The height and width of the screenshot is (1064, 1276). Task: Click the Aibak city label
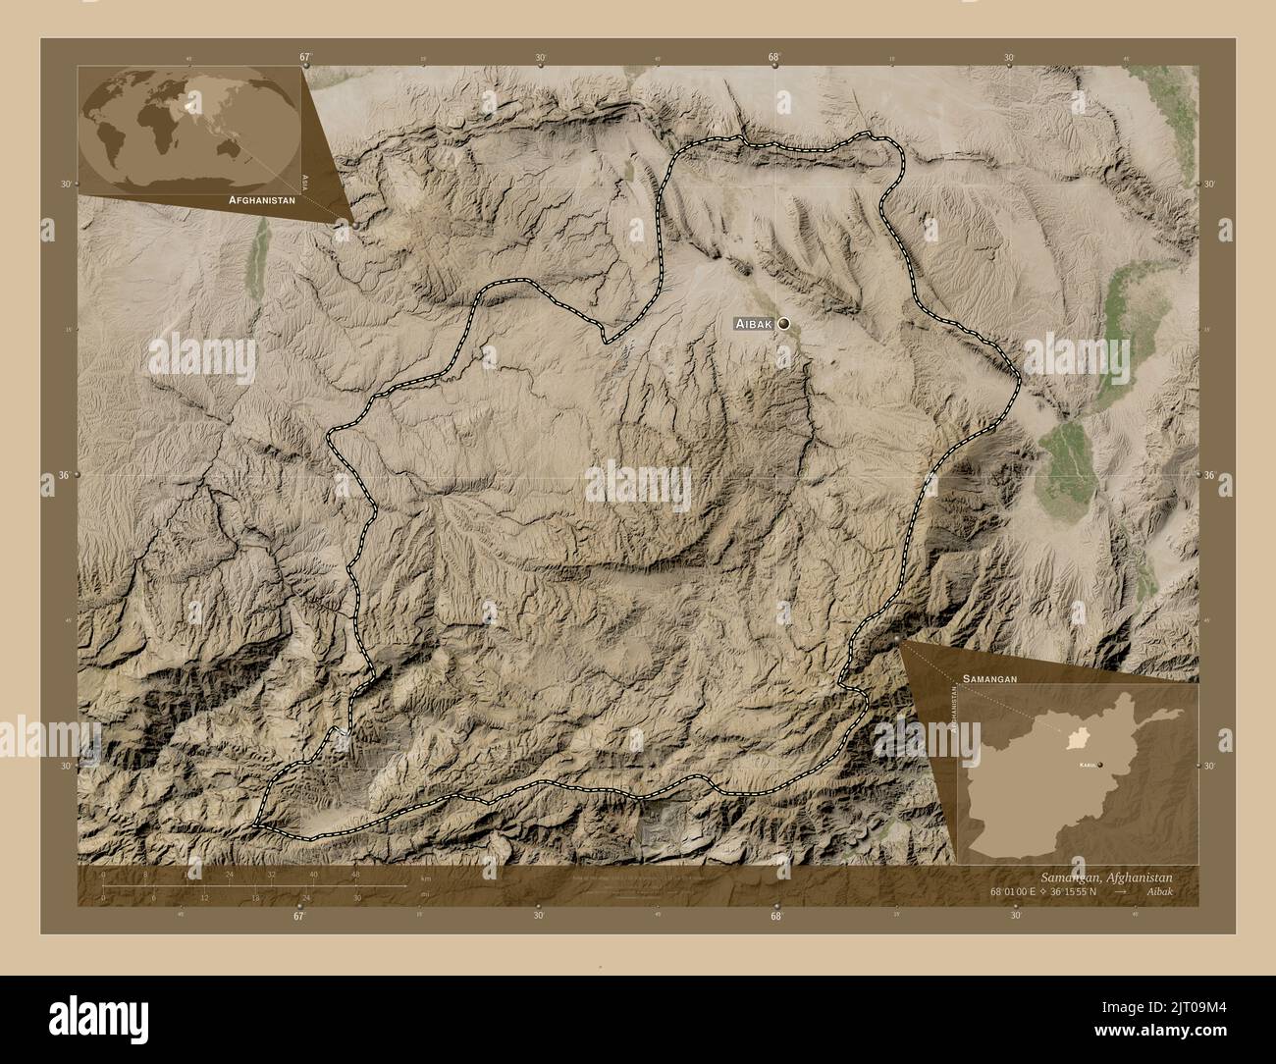tap(754, 323)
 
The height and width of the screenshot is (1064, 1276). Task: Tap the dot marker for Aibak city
tap(783, 323)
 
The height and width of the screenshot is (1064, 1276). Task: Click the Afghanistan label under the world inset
tap(261, 199)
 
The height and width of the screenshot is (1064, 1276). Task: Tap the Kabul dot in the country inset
tap(1100, 764)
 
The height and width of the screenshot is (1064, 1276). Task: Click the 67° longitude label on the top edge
tap(305, 58)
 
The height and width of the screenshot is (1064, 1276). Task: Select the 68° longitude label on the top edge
tap(774, 58)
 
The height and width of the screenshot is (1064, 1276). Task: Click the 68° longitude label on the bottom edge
tap(775, 916)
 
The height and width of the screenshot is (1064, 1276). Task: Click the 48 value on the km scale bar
tap(355, 874)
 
